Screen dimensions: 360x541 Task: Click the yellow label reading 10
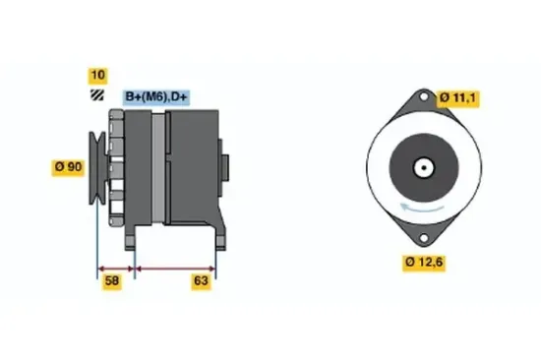click(x=97, y=75)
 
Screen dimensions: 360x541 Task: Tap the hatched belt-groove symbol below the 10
click(x=97, y=94)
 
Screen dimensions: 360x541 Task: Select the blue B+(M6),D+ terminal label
click(x=156, y=95)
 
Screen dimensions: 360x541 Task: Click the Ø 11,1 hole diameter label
click(x=457, y=95)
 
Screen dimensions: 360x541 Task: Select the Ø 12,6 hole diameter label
click(x=425, y=262)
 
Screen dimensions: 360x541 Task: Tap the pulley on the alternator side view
click(x=99, y=168)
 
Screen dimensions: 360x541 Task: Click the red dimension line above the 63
click(x=174, y=267)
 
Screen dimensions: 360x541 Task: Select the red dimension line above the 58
click(x=114, y=267)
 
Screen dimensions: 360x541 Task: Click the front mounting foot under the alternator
click(x=132, y=236)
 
